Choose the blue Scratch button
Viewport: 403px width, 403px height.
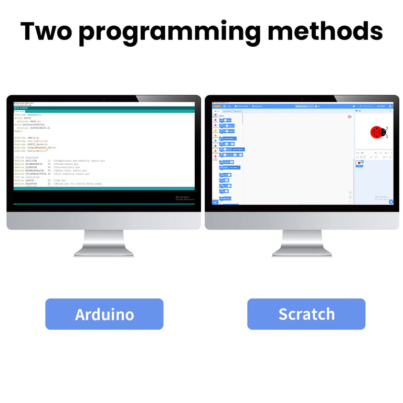pyautogui.click(x=306, y=314)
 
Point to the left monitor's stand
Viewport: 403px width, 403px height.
pyautogui.click(x=103, y=244)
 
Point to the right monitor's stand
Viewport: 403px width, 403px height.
pyautogui.click(x=302, y=244)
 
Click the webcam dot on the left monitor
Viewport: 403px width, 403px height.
pyautogui.click(x=104, y=98)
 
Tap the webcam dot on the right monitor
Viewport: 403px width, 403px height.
pyautogui.click(x=302, y=98)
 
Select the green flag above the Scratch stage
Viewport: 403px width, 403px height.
pyautogui.click(x=356, y=111)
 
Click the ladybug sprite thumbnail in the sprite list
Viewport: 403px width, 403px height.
pyautogui.click(x=359, y=163)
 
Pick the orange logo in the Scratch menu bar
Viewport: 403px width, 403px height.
pyautogui.click(x=217, y=106)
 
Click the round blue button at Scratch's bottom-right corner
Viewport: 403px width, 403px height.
pyautogui.click(x=391, y=201)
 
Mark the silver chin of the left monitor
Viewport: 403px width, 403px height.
pyautogui.click(x=103, y=220)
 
